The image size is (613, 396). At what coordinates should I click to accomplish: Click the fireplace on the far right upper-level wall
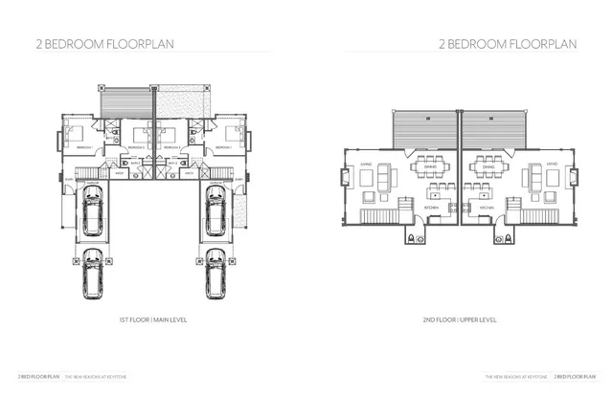pyautogui.click(x=576, y=178)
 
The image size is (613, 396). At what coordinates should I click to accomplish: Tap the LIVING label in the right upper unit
pyautogui.click(x=552, y=165)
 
